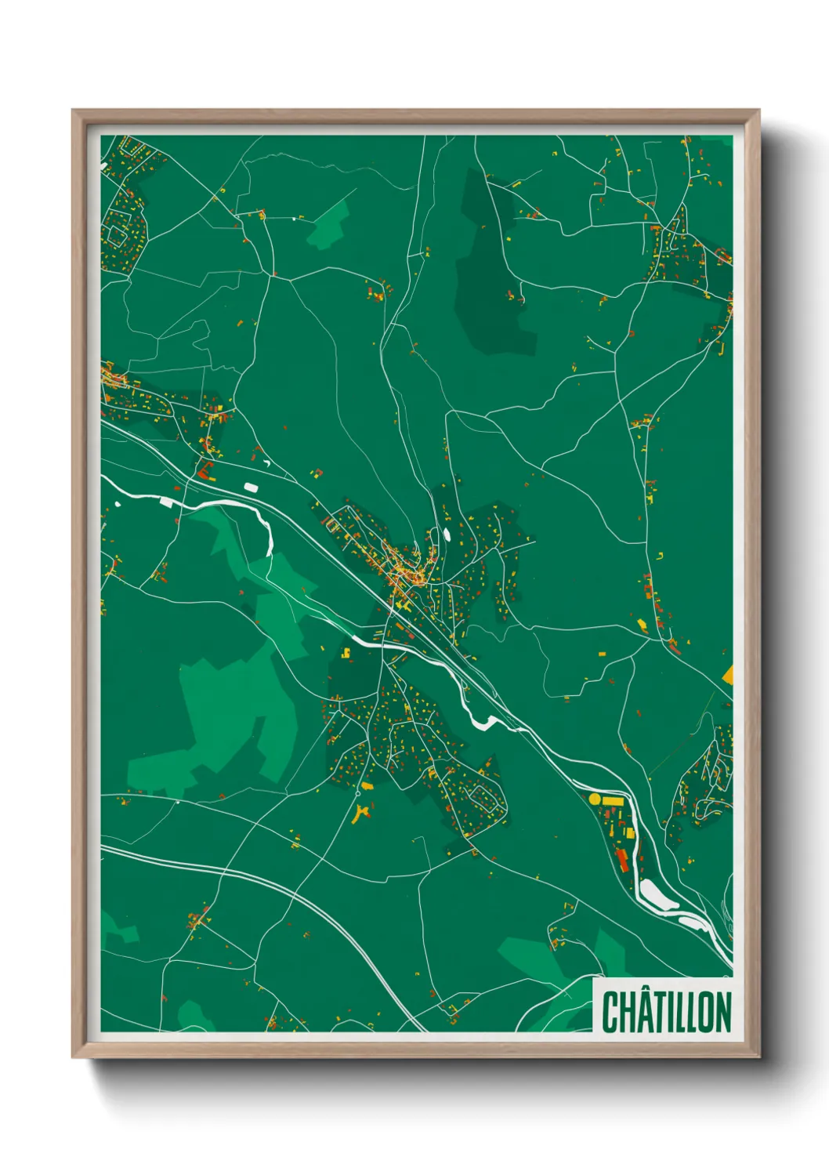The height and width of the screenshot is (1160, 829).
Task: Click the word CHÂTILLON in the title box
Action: coord(666,1012)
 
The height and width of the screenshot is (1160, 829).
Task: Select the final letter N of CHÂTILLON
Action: coord(722,1013)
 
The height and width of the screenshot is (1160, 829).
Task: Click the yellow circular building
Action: coord(594,799)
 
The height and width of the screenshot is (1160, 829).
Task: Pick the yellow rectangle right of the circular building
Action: coord(611,801)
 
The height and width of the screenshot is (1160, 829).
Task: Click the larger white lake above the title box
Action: coord(654,894)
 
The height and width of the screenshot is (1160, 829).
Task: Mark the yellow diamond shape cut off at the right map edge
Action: coord(728,674)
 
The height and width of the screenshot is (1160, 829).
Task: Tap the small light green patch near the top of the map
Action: coord(329,226)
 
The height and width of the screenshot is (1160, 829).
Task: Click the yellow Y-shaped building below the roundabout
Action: coord(361,814)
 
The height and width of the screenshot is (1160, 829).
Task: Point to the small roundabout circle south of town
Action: coord(359,794)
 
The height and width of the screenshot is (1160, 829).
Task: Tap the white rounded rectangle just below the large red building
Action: coord(252,488)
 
